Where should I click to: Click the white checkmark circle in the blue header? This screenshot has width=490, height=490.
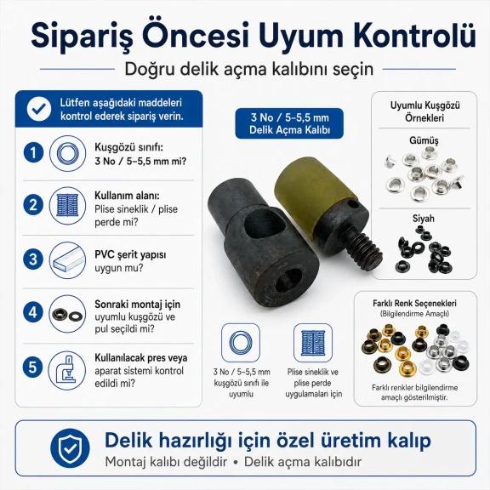[x=39, y=109]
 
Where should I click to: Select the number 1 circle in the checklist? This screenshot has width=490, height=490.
[x=33, y=153]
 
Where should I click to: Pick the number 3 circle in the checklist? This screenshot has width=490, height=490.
[x=33, y=259]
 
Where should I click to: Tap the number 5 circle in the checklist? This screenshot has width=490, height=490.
[x=33, y=367]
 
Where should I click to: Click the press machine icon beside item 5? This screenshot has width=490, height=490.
[x=67, y=370]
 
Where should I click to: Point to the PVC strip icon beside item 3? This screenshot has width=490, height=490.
[x=68, y=260]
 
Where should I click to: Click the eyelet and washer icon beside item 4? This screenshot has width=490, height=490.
[x=67, y=314]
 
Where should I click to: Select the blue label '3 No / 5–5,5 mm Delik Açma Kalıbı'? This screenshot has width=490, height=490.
[x=289, y=123]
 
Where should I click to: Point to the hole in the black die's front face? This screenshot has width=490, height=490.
[x=289, y=279]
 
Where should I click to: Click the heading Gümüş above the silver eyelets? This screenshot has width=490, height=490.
[x=424, y=141]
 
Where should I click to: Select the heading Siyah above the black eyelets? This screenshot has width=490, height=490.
[x=424, y=219]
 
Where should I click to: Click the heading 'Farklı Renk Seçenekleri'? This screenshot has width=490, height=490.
[x=414, y=303]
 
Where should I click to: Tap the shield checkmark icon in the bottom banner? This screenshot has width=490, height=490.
[x=70, y=448]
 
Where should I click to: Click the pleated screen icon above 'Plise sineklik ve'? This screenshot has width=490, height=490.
[x=313, y=343]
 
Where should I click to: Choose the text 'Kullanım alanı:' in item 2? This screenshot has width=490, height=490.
[x=127, y=196]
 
